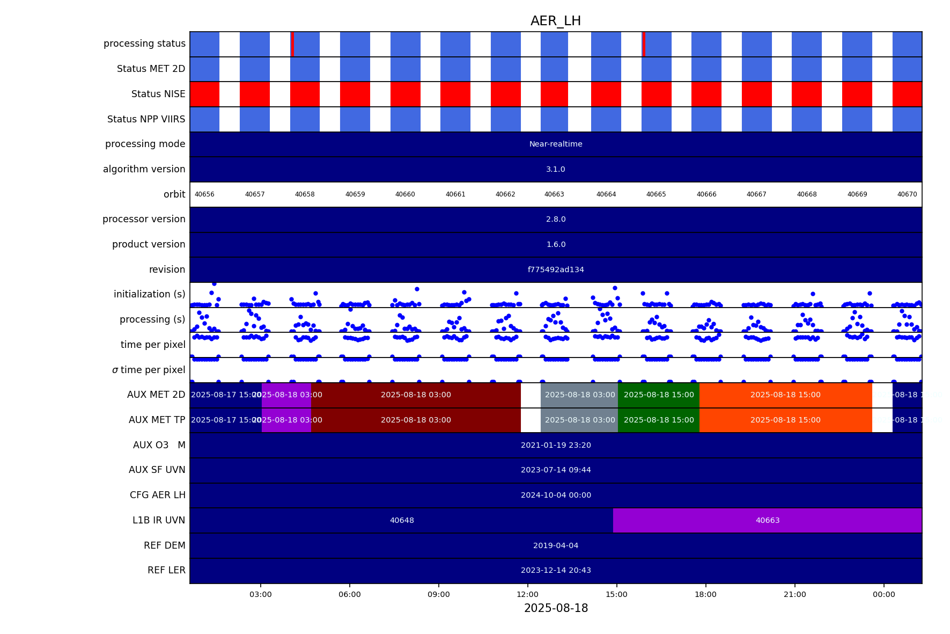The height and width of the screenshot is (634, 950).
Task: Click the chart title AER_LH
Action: [x=555, y=21]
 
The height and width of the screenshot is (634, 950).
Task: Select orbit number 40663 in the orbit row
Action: [x=554, y=194]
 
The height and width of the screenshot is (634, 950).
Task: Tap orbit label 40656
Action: [x=204, y=194]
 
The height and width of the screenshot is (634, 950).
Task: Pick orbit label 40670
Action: [x=907, y=194]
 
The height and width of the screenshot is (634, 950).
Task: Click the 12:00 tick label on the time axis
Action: [x=527, y=594]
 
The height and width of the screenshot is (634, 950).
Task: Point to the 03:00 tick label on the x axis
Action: [x=261, y=594]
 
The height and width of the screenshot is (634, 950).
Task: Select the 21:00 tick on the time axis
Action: [x=794, y=594]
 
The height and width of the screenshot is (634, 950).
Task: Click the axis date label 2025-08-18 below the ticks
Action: [x=556, y=608]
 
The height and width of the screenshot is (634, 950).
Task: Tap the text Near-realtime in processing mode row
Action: [x=556, y=144]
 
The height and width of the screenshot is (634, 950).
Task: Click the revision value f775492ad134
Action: [x=556, y=269]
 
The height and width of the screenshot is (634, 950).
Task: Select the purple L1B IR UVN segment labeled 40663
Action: [x=767, y=520]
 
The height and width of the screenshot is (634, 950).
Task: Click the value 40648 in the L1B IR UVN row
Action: [x=402, y=520]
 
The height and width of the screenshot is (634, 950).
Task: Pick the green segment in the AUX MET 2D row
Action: [x=659, y=395]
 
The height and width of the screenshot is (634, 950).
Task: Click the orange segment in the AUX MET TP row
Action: [x=785, y=420]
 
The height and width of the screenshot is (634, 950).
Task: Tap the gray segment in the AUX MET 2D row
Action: [x=579, y=395]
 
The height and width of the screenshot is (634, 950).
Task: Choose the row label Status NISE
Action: [x=158, y=94]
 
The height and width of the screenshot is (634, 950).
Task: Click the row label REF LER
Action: [x=166, y=570]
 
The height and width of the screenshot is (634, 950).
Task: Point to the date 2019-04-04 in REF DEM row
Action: [x=556, y=545]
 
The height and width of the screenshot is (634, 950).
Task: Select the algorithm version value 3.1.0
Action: [x=556, y=169]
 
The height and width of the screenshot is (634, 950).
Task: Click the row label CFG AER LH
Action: [x=157, y=495]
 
